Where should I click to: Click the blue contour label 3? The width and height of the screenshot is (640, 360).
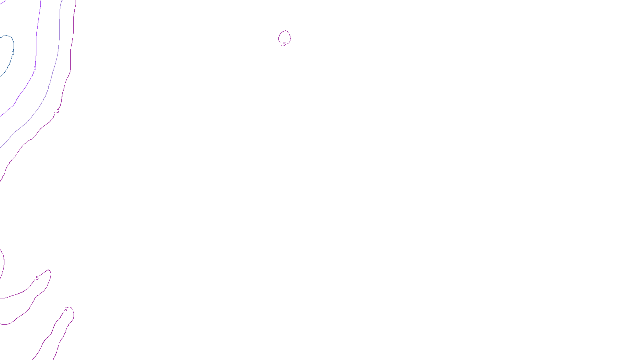coord(13,53)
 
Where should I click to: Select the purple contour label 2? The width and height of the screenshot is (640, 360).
coord(35,68)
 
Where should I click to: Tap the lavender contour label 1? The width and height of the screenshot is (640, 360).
coord(48,88)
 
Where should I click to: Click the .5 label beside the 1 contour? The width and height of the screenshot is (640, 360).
coord(57,111)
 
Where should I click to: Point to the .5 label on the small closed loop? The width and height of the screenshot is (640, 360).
coord(284,44)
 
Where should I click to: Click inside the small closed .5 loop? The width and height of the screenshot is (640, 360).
coord(284,37)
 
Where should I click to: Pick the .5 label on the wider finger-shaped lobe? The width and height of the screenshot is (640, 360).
coord(37,278)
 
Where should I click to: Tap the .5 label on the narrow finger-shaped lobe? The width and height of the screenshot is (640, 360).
coord(65,310)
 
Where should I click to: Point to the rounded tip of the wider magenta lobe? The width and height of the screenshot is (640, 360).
coord(49,271)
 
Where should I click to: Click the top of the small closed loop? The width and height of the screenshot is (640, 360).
coord(284,31)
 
